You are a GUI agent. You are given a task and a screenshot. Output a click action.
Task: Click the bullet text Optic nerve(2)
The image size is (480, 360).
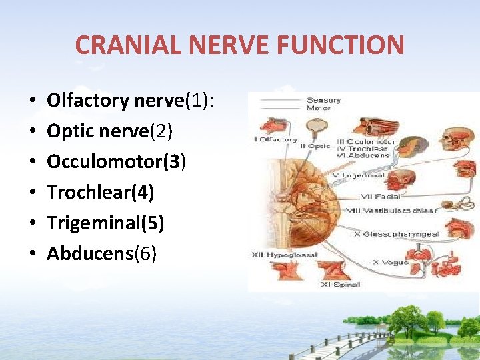(x=109, y=131)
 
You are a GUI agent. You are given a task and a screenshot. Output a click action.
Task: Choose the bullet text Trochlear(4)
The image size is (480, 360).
(x=101, y=193)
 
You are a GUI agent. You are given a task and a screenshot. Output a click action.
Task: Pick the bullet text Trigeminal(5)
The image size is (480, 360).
(x=105, y=223)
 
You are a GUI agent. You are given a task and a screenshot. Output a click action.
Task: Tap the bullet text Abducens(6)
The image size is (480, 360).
(x=102, y=254)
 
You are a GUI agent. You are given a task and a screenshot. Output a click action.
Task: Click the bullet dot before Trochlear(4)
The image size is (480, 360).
(x=33, y=193)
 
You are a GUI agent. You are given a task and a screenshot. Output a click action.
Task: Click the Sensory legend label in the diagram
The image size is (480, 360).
(x=323, y=101)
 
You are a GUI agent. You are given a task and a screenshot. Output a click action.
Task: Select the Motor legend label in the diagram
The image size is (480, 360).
(x=319, y=108)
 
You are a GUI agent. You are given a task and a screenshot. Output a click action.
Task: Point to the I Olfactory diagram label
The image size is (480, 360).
(x=276, y=139)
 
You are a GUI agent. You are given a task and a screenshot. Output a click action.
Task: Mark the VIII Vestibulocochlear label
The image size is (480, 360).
(x=391, y=211)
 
